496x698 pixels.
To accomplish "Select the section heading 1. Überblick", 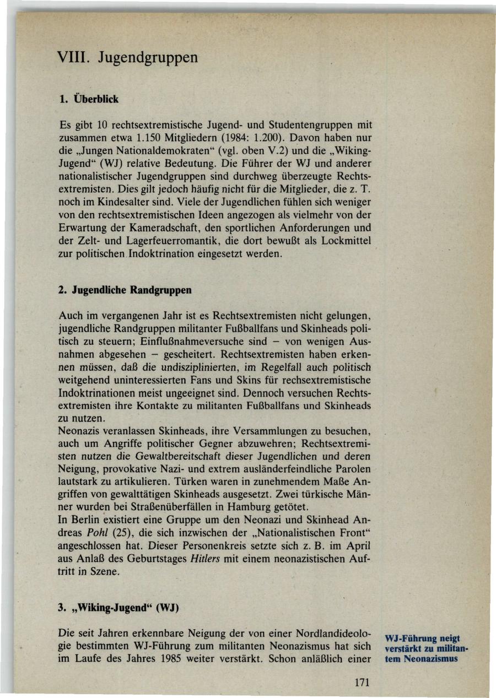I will [x=89, y=100].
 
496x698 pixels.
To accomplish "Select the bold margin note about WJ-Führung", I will [x=425, y=648].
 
